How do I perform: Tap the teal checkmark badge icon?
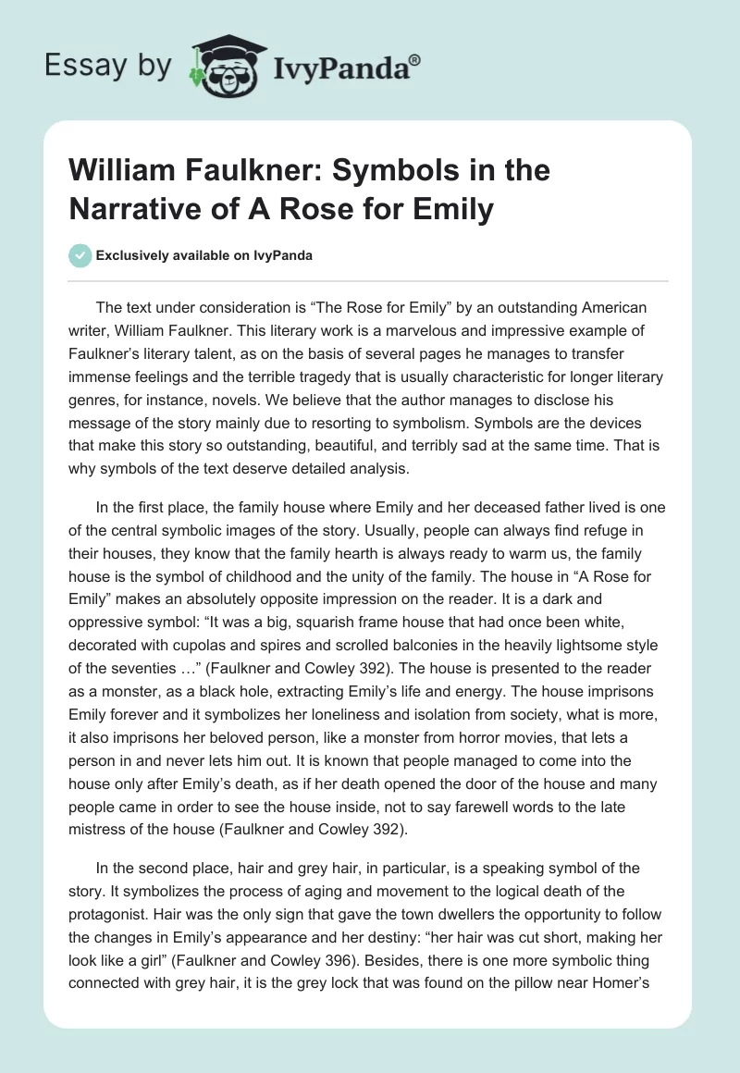click(x=80, y=255)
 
